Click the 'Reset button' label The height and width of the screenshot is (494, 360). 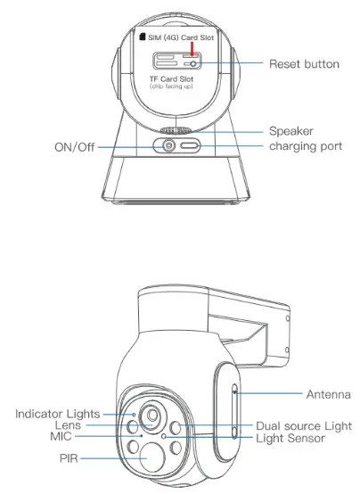[x=303, y=64]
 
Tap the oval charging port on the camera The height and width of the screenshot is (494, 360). [x=191, y=146]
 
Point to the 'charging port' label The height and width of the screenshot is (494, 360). [x=305, y=146]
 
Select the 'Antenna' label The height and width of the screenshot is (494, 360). [x=303, y=392]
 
